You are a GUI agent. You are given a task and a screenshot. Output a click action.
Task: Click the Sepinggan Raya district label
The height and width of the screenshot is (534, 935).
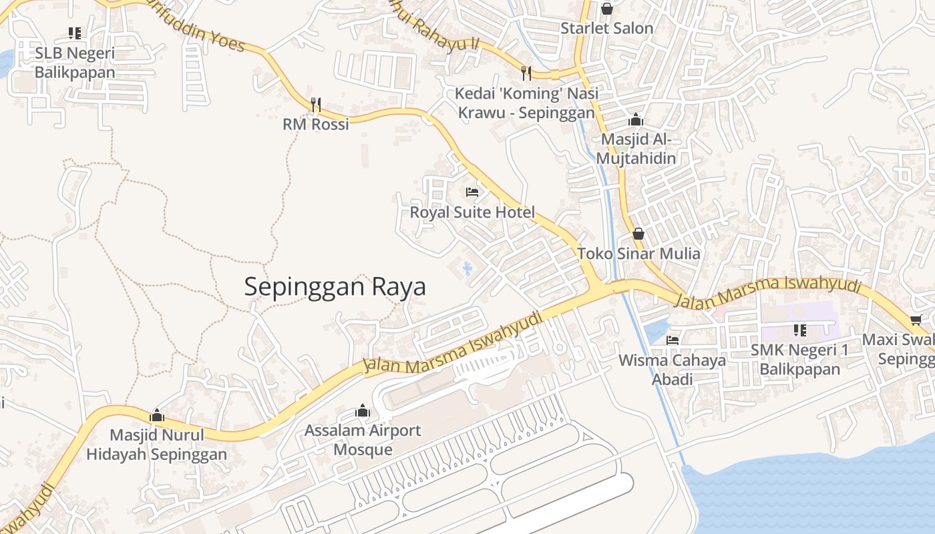point(335,287)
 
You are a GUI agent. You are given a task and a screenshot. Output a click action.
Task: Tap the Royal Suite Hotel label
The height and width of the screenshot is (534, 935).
point(472,212)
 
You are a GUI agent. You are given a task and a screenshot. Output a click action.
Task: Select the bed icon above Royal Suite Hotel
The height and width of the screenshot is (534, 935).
point(472,192)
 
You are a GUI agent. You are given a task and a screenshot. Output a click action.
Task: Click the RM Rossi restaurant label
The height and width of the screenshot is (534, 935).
point(316,124)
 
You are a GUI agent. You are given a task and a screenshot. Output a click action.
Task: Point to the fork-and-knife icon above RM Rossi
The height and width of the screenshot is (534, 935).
point(316,104)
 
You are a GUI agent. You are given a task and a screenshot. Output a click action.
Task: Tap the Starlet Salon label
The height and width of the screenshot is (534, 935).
point(606,28)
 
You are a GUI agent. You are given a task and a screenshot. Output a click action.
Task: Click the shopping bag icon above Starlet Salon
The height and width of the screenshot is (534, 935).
point(606,9)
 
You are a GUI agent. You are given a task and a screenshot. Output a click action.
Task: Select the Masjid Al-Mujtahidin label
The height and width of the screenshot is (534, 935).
point(636,149)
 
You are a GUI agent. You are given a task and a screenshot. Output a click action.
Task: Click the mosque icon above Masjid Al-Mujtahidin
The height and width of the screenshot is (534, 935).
point(636,120)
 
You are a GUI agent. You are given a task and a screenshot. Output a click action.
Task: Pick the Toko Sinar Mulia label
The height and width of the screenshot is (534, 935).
point(638,254)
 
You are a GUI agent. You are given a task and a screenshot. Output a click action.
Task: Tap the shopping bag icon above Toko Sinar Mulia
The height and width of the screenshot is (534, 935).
point(638,234)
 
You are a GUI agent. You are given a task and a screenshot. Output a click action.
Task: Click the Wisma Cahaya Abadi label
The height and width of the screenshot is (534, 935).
point(672,370)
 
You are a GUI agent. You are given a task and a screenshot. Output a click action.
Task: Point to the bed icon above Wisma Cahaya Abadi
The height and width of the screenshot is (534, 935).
point(673,340)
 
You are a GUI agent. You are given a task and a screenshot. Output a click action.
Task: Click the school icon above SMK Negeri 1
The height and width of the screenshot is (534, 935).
point(800,330)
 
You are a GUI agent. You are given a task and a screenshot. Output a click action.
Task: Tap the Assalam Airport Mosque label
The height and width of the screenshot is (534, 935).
point(363,439)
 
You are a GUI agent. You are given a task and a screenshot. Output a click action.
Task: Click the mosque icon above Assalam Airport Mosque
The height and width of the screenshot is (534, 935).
point(363,411)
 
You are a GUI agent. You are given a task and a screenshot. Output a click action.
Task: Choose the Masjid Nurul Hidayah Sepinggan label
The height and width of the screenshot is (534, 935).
point(156,445)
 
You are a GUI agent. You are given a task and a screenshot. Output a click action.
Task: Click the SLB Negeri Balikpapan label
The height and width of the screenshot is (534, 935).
point(75,62)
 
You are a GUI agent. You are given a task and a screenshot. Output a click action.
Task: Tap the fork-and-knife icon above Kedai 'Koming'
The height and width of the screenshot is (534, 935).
point(526,73)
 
